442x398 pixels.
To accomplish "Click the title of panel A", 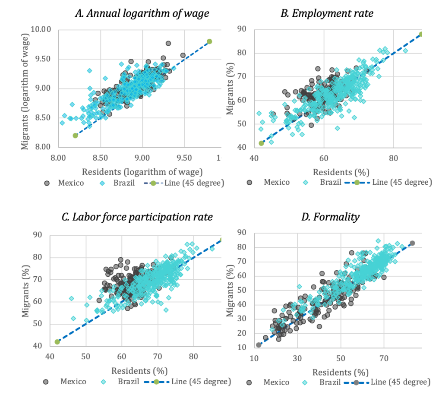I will click(x=142, y=13).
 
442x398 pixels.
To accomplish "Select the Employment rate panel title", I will click(x=327, y=13).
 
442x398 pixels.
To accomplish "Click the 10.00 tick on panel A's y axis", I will click(x=41, y=30).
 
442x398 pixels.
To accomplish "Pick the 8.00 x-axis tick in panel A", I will click(x=58, y=158).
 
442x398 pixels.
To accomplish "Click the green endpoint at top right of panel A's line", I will click(x=209, y=41).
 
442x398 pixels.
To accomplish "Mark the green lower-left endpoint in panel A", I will click(x=75, y=136).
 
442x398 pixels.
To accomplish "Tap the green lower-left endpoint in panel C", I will click(x=57, y=342).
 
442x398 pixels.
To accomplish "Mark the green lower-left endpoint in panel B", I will click(x=261, y=143).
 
